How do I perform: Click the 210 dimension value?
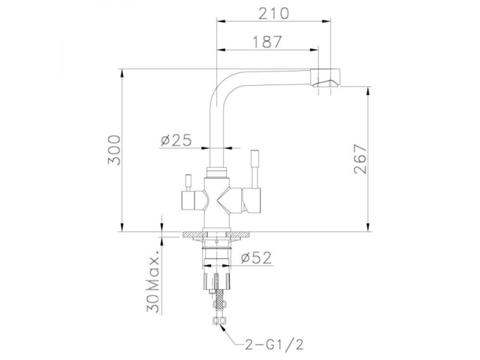click(x=274, y=13)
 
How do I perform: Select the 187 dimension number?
click(x=267, y=42)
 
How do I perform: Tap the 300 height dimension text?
click(x=115, y=150)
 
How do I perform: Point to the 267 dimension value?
click(x=360, y=159)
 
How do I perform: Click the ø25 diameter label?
click(x=176, y=140)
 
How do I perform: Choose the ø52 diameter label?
click(x=256, y=258)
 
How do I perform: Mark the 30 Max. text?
click(x=153, y=281)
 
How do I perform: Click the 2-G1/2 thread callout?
click(x=274, y=344)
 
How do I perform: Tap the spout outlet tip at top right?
click(x=325, y=78)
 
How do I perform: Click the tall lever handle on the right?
click(x=255, y=169)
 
